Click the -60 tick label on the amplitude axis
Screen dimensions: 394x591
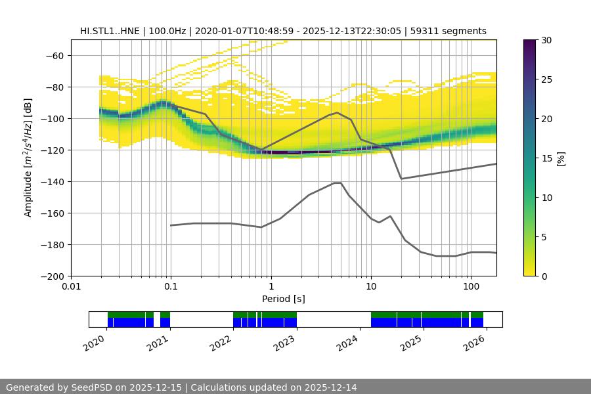click(53, 55)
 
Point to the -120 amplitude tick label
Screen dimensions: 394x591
click(51, 150)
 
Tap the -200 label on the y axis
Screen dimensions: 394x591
click(51, 276)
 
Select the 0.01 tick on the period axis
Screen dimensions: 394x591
click(71, 286)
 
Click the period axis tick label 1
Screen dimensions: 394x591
click(271, 286)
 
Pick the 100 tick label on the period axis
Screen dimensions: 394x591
click(470, 286)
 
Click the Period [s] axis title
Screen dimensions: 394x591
click(283, 299)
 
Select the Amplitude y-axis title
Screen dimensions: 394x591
click(28, 158)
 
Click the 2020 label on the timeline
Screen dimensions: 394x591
click(96, 341)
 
